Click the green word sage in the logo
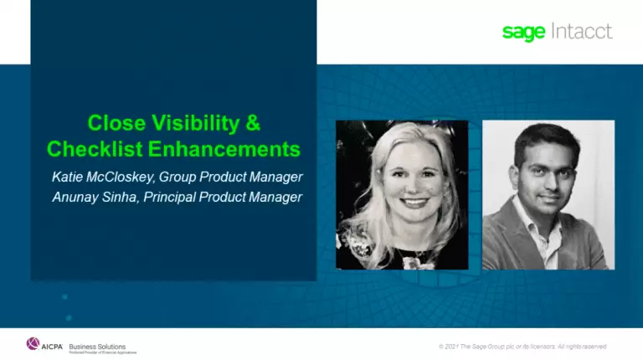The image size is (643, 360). [x=523, y=33]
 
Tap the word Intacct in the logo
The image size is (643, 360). [x=580, y=32]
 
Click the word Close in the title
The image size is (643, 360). [x=116, y=124]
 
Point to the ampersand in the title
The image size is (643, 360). [x=252, y=124]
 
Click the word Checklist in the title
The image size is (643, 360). [x=92, y=150]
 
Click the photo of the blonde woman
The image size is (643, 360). [x=401, y=194]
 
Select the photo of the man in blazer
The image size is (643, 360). [x=548, y=194]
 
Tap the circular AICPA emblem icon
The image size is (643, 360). [x=33, y=343]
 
